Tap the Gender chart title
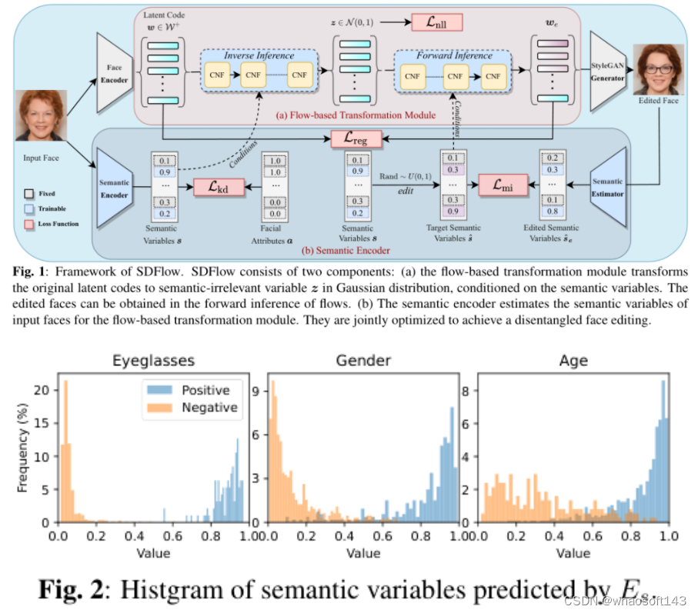click(362, 359)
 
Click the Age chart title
click(573, 359)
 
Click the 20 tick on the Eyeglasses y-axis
click(43, 390)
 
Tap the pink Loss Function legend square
click(29, 222)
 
